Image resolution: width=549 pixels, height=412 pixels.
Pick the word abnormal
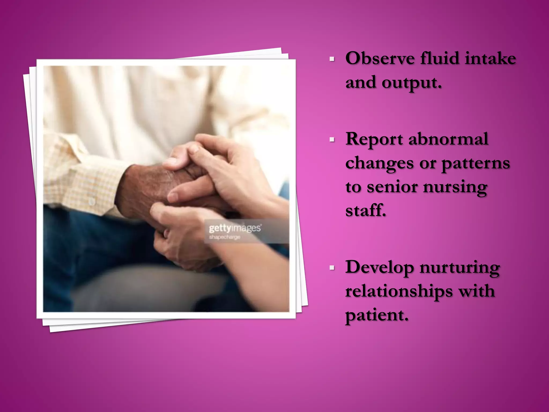pos(448,139)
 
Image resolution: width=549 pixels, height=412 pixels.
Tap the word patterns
pos(476,163)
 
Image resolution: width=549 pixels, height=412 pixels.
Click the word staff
pos(365,210)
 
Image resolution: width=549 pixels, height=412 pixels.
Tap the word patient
pos(377,315)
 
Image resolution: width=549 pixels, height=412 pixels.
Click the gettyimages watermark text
pos(235,228)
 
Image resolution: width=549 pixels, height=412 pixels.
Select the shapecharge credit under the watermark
pos(225,237)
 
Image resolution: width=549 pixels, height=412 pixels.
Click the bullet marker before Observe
pos(332,59)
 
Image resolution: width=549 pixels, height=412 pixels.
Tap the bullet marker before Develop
pos(332,268)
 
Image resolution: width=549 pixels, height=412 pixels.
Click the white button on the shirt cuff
pos(92,201)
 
